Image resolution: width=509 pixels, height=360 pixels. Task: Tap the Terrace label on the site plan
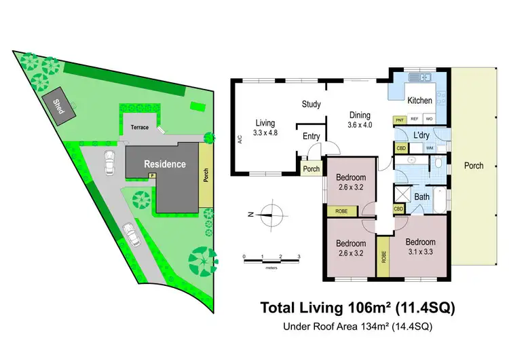pyautogui.click(x=138, y=127)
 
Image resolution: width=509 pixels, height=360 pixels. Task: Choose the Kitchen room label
pyautogui.click(x=419, y=101)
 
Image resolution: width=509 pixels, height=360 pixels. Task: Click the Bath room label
pyautogui.click(x=422, y=197)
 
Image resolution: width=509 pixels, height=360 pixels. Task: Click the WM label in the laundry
pyautogui.click(x=430, y=147)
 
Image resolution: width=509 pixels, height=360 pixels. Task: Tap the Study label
pyautogui.click(x=312, y=105)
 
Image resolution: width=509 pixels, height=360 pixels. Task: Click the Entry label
pyautogui.click(x=312, y=137)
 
